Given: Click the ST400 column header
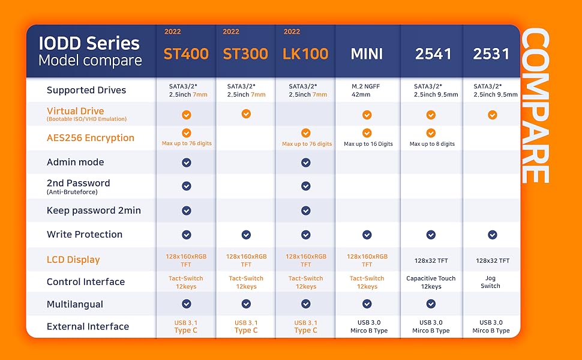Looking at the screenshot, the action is click(186, 54).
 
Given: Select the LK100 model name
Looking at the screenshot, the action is click(305, 54).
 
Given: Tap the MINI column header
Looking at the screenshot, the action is click(367, 54).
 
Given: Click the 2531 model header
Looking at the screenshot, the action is click(491, 54).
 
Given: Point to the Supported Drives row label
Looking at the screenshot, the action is click(86, 90).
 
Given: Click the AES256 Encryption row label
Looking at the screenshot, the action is click(91, 137).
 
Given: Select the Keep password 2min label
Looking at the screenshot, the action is click(94, 211).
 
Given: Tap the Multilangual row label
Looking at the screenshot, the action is click(75, 304).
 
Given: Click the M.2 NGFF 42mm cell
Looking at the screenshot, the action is click(365, 90).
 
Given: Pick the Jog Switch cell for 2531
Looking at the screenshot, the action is click(490, 282).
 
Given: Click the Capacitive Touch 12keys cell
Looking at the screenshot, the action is click(431, 283).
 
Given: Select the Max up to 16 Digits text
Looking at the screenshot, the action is click(368, 144).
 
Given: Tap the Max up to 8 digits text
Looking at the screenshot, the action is click(432, 144).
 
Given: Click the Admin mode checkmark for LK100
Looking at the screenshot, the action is click(306, 163).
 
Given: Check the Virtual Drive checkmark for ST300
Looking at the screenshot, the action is click(246, 113).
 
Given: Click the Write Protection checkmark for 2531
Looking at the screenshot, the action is click(493, 235).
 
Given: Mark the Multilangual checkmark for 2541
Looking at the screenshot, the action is click(431, 304).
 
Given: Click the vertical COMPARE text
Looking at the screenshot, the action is click(535, 107).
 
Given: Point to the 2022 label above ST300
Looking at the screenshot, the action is click(231, 32).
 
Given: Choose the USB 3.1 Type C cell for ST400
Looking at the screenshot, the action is click(186, 326).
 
